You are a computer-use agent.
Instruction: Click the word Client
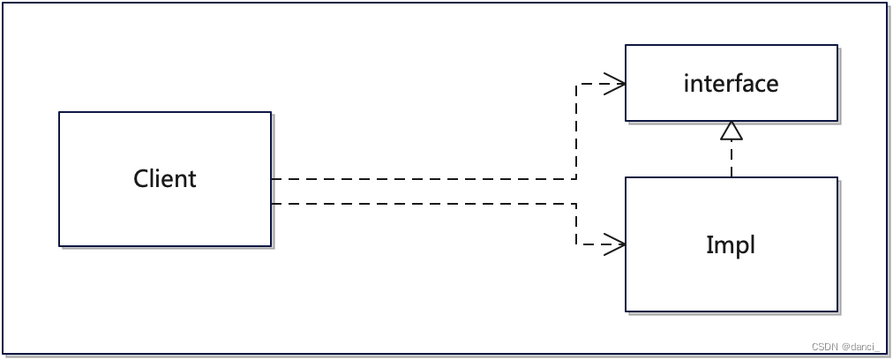click(x=165, y=179)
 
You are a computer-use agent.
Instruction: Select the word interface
click(x=731, y=84)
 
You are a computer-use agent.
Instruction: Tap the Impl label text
click(x=731, y=244)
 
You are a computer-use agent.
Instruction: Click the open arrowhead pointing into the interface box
click(x=616, y=85)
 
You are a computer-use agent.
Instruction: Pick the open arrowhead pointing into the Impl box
click(x=616, y=244)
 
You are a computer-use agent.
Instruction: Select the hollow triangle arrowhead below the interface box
click(x=731, y=131)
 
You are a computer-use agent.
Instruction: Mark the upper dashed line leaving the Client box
click(x=424, y=179)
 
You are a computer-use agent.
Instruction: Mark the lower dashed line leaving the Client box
click(x=424, y=204)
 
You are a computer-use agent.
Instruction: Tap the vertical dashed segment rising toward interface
click(x=575, y=132)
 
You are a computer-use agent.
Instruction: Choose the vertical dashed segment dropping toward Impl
click(x=575, y=224)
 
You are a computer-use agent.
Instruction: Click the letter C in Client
click(x=141, y=179)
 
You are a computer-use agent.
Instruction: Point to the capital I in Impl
click(x=709, y=244)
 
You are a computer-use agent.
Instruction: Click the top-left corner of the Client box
click(x=59, y=112)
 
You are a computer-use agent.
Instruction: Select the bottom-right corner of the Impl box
click(x=837, y=311)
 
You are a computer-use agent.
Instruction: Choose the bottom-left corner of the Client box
click(x=59, y=245)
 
